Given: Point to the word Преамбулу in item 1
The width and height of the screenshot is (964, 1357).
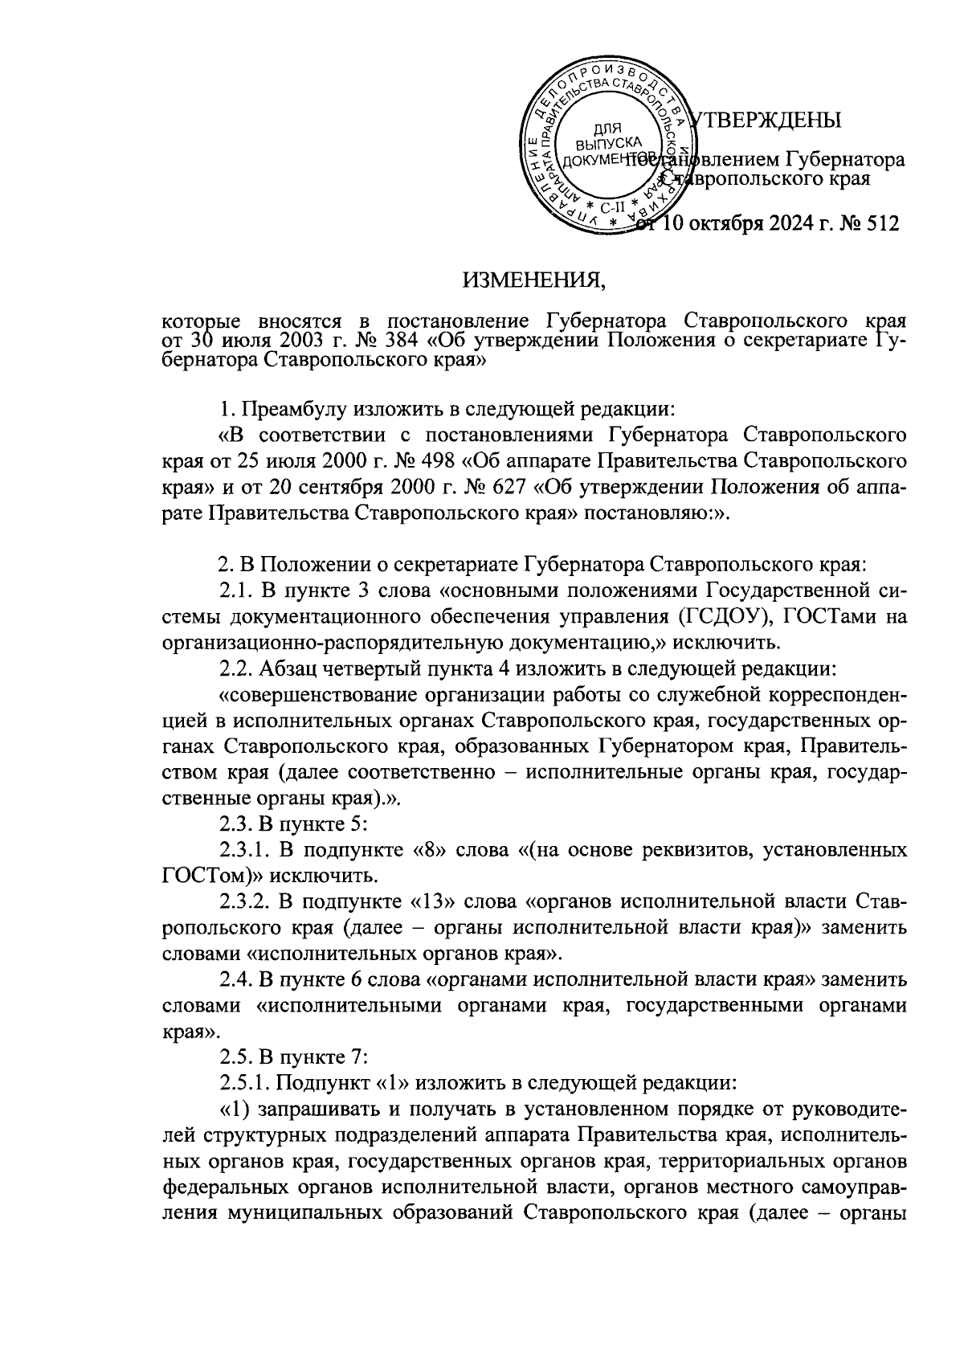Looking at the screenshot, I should click(x=296, y=410).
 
